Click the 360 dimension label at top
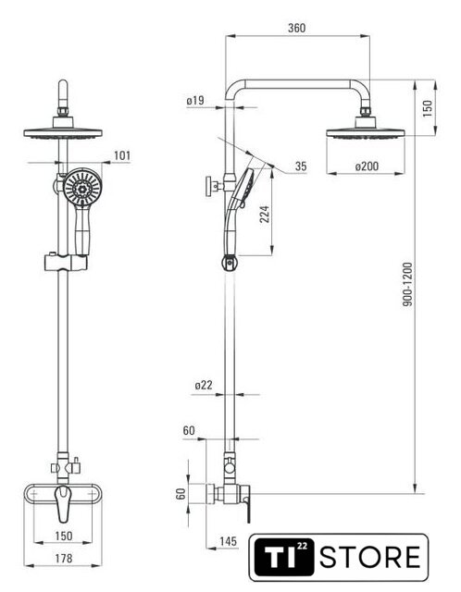point(296,28)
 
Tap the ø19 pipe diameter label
point(195,101)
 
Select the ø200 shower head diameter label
point(367,166)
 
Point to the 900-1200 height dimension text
point(407,284)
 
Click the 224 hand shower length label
point(265,214)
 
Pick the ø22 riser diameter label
point(204,385)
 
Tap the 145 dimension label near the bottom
point(229,541)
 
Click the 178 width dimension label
point(64,558)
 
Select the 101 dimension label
point(122,155)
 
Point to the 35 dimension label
point(301,166)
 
